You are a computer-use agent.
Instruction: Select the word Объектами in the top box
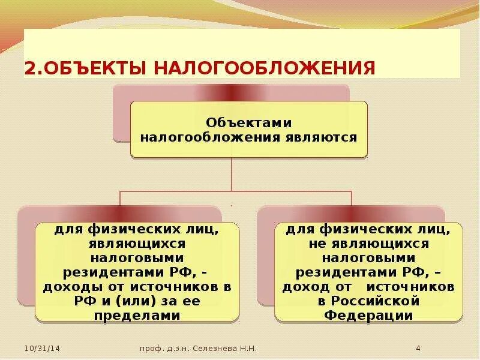(x=248, y=122)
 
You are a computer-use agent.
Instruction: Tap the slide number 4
(x=418, y=348)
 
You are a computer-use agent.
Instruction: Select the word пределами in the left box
(x=137, y=314)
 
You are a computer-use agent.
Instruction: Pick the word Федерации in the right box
(x=368, y=314)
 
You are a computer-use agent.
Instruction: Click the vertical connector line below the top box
(x=232, y=175)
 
